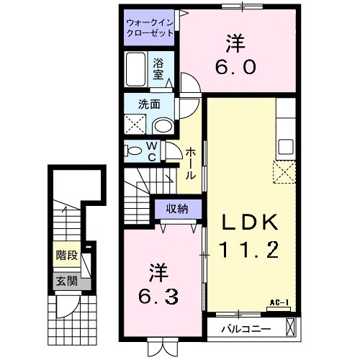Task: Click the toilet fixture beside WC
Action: [135, 150]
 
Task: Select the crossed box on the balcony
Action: [289, 327]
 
